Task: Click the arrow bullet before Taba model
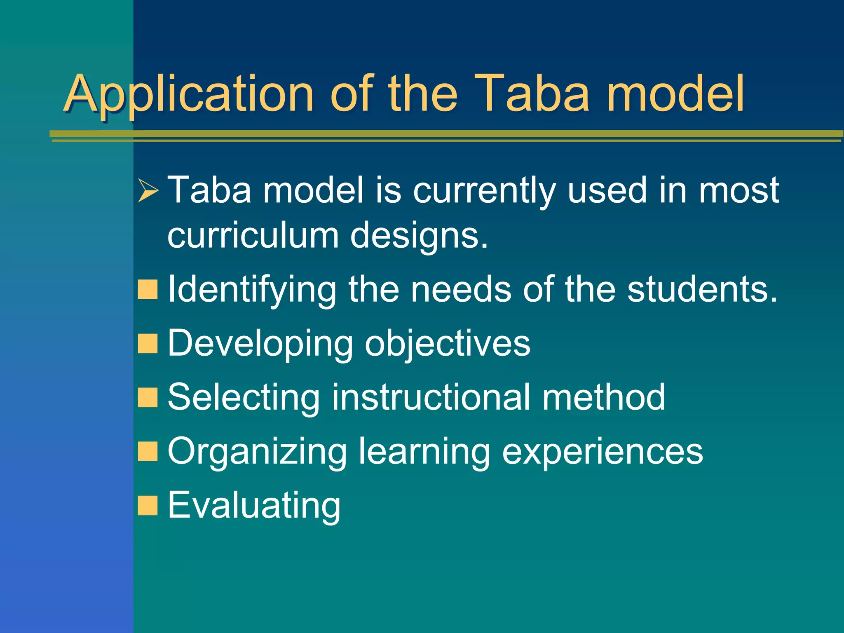(x=148, y=190)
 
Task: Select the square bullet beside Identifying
(x=148, y=289)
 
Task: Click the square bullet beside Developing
(x=148, y=343)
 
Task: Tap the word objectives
(x=448, y=344)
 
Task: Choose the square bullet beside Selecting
(x=148, y=397)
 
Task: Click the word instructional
(x=431, y=397)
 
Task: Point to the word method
(x=603, y=397)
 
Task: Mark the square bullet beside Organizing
(x=148, y=451)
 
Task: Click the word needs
(x=461, y=289)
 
